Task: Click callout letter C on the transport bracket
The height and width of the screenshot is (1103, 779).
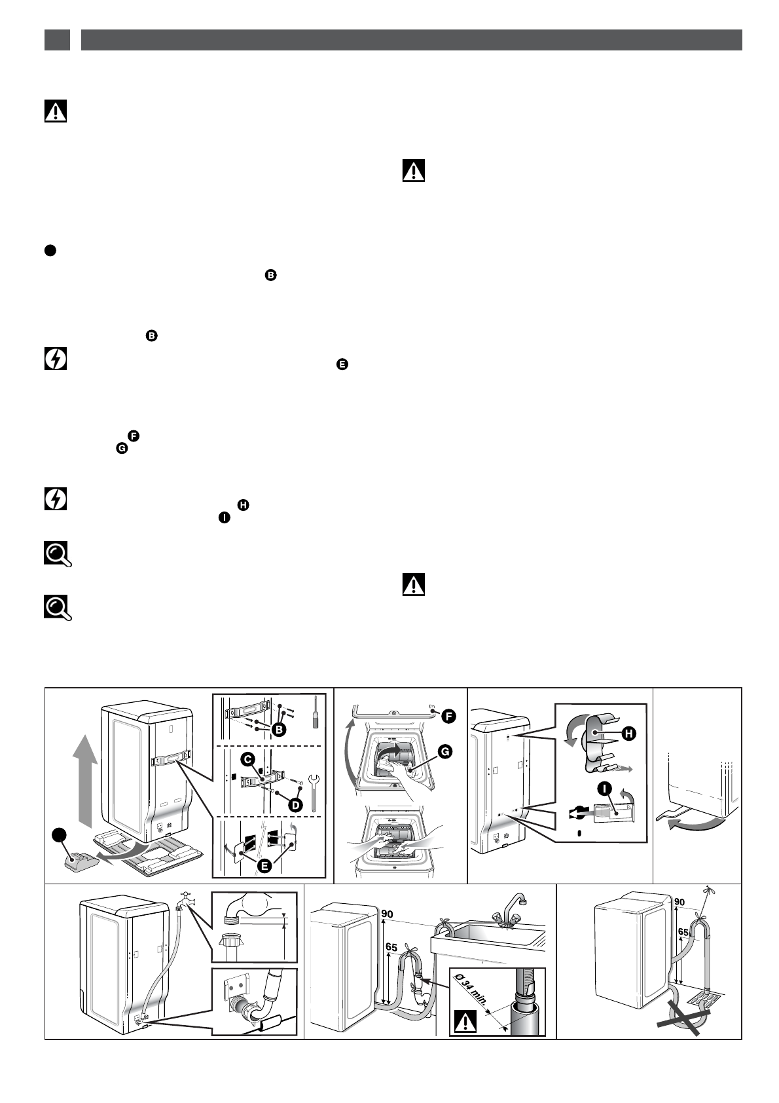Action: pos(247,758)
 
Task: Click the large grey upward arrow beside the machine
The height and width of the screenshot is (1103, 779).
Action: pos(84,779)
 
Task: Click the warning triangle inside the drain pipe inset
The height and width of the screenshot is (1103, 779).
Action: pos(465,1022)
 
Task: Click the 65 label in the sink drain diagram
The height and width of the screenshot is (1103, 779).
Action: pos(391,947)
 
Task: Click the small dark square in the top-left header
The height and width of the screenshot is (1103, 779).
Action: pos(57,40)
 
